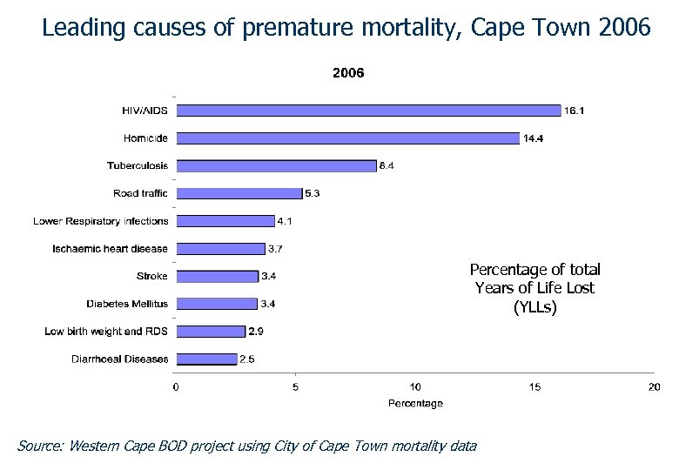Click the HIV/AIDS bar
(x=368, y=111)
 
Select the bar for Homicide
(x=348, y=138)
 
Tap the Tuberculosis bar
(x=276, y=165)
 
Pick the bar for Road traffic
(x=239, y=193)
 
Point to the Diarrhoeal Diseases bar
(x=206, y=359)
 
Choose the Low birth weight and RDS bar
(x=211, y=332)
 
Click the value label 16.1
(x=575, y=111)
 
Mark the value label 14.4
(x=534, y=138)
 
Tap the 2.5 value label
(x=247, y=359)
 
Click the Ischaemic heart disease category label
(x=110, y=249)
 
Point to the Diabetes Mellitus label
(x=127, y=304)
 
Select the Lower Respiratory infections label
(x=100, y=221)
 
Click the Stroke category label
(x=152, y=277)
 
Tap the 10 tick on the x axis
(x=415, y=387)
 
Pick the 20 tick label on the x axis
(x=655, y=387)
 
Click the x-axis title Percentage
(x=415, y=404)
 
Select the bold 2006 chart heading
(x=348, y=73)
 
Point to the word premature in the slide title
(x=295, y=28)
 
